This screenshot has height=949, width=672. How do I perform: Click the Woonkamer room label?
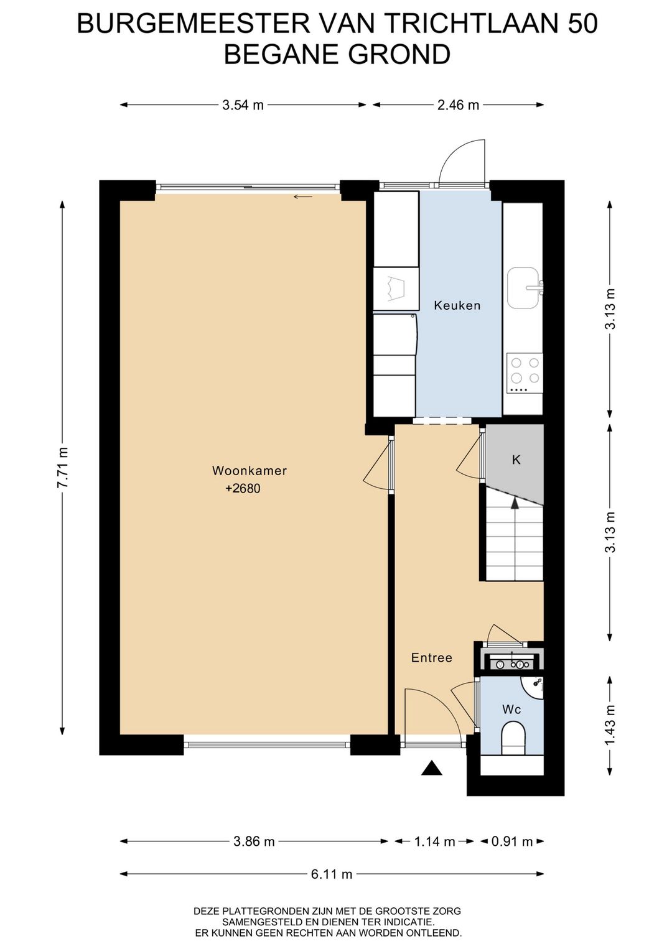(x=250, y=470)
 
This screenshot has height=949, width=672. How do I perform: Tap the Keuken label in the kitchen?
(x=457, y=305)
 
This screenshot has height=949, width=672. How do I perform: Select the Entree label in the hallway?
(x=432, y=657)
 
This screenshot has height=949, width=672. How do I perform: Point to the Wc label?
(x=511, y=709)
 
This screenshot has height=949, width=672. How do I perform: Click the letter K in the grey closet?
(x=516, y=460)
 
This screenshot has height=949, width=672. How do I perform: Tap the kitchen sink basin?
(x=524, y=288)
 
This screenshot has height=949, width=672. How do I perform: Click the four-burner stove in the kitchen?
(x=525, y=373)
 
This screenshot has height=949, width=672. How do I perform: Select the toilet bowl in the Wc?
(x=513, y=739)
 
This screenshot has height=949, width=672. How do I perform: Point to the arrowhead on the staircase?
(x=515, y=503)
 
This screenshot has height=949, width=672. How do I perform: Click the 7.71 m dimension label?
(x=63, y=468)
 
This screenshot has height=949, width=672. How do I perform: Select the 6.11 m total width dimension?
(x=332, y=874)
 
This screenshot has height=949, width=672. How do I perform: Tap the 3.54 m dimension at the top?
(x=243, y=104)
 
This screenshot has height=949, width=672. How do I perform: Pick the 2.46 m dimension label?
(x=458, y=104)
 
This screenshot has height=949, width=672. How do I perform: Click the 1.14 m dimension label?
(x=434, y=841)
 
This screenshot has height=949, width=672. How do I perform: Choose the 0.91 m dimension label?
(x=511, y=841)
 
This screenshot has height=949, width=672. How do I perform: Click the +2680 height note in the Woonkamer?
(x=243, y=488)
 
